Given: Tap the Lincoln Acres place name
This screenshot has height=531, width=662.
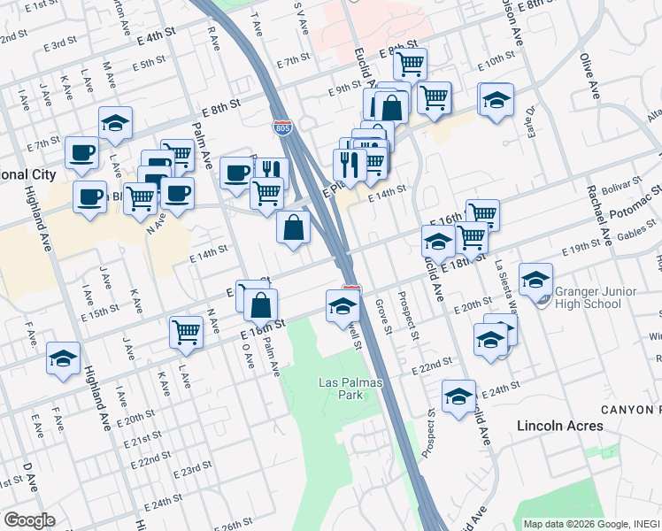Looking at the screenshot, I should click(x=560, y=426).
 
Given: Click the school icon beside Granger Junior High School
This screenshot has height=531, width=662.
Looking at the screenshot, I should click(x=535, y=281).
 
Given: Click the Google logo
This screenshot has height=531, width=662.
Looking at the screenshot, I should click(x=29, y=520).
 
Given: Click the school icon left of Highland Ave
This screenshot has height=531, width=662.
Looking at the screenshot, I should click(x=63, y=358).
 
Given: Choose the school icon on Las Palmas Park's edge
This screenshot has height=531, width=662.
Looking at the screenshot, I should click(x=343, y=306).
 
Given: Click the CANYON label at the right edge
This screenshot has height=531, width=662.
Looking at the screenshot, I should click(x=630, y=409).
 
